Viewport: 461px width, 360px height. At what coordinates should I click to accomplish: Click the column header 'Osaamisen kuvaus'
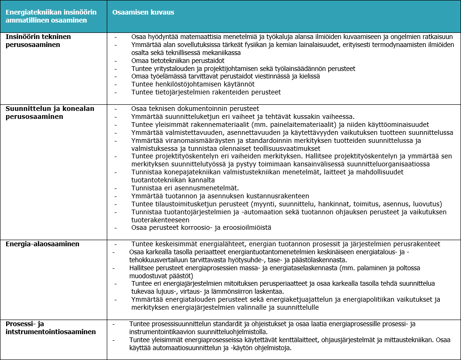coord(143,12)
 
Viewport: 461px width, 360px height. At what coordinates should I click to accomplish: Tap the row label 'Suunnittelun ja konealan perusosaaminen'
coord(50,112)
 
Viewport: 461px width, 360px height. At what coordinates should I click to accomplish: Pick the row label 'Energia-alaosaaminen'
coord(42,244)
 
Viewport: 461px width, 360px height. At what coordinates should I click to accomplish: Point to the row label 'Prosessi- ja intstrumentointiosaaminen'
coord(51,328)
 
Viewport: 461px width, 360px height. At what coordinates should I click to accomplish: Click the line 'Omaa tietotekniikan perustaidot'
coord(178,61)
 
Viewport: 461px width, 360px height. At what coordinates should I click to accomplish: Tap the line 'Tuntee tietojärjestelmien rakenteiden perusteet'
coord(206,92)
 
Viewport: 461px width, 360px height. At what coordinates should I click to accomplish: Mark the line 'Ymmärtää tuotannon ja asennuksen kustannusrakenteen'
coord(220,196)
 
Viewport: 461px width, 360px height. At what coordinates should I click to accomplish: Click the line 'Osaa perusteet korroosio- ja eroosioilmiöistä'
coord(201,228)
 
